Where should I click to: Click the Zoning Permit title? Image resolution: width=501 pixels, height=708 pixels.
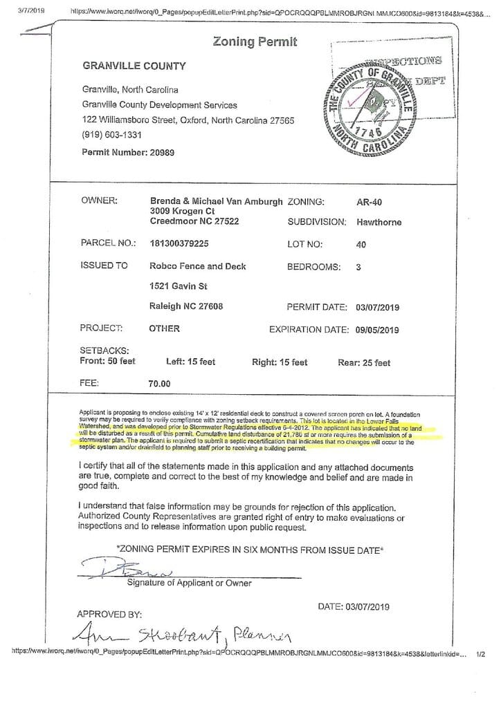(255, 42)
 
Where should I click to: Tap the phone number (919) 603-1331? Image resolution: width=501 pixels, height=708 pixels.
(112, 135)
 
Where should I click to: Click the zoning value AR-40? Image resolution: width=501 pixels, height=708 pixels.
(369, 201)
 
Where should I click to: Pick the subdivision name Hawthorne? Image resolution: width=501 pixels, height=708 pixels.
(379, 223)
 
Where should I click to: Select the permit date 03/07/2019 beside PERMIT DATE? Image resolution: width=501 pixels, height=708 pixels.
(377, 307)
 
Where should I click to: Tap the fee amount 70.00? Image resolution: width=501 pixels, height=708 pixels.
(159, 382)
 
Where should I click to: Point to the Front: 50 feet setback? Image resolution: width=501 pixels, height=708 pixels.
(108, 362)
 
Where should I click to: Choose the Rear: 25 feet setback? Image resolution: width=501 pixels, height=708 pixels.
(364, 362)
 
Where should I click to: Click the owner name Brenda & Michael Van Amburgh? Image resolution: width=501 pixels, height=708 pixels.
(216, 201)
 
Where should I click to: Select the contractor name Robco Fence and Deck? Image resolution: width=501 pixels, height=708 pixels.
(198, 265)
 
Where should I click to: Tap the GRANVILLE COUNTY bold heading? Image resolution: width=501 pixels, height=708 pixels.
(134, 66)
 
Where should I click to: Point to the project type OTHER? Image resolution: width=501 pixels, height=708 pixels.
(164, 328)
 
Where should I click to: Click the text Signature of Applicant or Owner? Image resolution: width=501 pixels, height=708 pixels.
(189, 583)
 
